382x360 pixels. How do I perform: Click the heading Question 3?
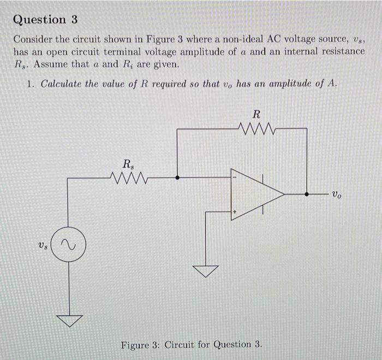click(45, 20)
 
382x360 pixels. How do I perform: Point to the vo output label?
click(338, 194)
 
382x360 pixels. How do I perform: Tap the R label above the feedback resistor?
click(256, 114)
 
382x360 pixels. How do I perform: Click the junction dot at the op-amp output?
click(307, 194)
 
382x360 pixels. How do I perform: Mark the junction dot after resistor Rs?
click(177, 177)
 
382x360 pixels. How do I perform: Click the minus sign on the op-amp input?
click(235, 177)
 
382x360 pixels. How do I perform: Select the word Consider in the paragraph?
click(33, 40)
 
